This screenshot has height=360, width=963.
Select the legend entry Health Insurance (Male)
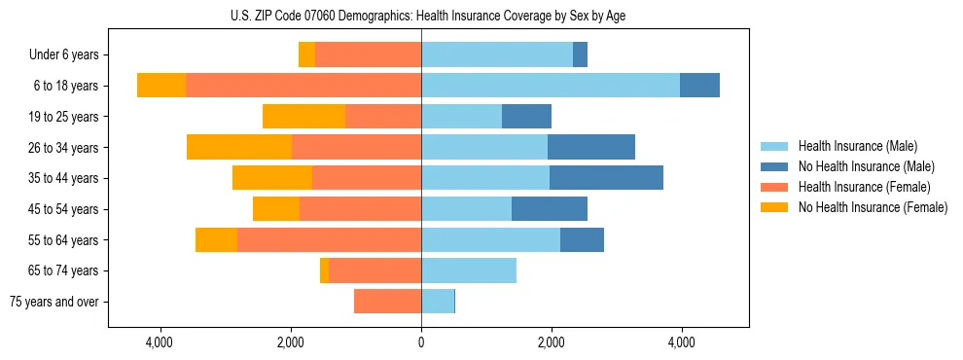pyautogui.click(x=857, y=146)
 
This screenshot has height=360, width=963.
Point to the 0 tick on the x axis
pyautogui.click(x=421, y=342)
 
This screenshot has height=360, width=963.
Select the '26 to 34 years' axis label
pyautogui.click(x=63, y=148)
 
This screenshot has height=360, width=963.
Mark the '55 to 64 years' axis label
pyautogui.click(x=63, y=240)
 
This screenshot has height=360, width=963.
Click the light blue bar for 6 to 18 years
pyautogui.click(x=551, y=86)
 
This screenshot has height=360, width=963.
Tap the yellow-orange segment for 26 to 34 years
pyautogui.click(x=239, y=147)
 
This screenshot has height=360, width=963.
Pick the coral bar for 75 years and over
pyautogui.click(x=387, y=302)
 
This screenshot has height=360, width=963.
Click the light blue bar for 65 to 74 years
pyautogui.click(x=469, y=270)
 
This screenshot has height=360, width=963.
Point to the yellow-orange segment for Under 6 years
pyautogui.click(x=306, y=54)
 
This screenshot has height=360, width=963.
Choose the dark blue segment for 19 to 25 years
pyautogui.click(x=526, y=117)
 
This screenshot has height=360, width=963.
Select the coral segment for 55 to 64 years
pyautogui.click(x=329, y=239)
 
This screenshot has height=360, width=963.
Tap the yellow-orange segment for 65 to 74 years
pyautogui.click(x=324, y=270)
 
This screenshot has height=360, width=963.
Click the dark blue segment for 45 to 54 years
pyautogui.click(x=550, y=209)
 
